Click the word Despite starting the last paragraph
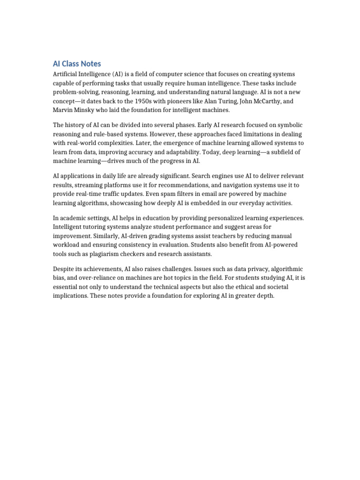tap(63, 269)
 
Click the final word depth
tap(265, 296)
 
